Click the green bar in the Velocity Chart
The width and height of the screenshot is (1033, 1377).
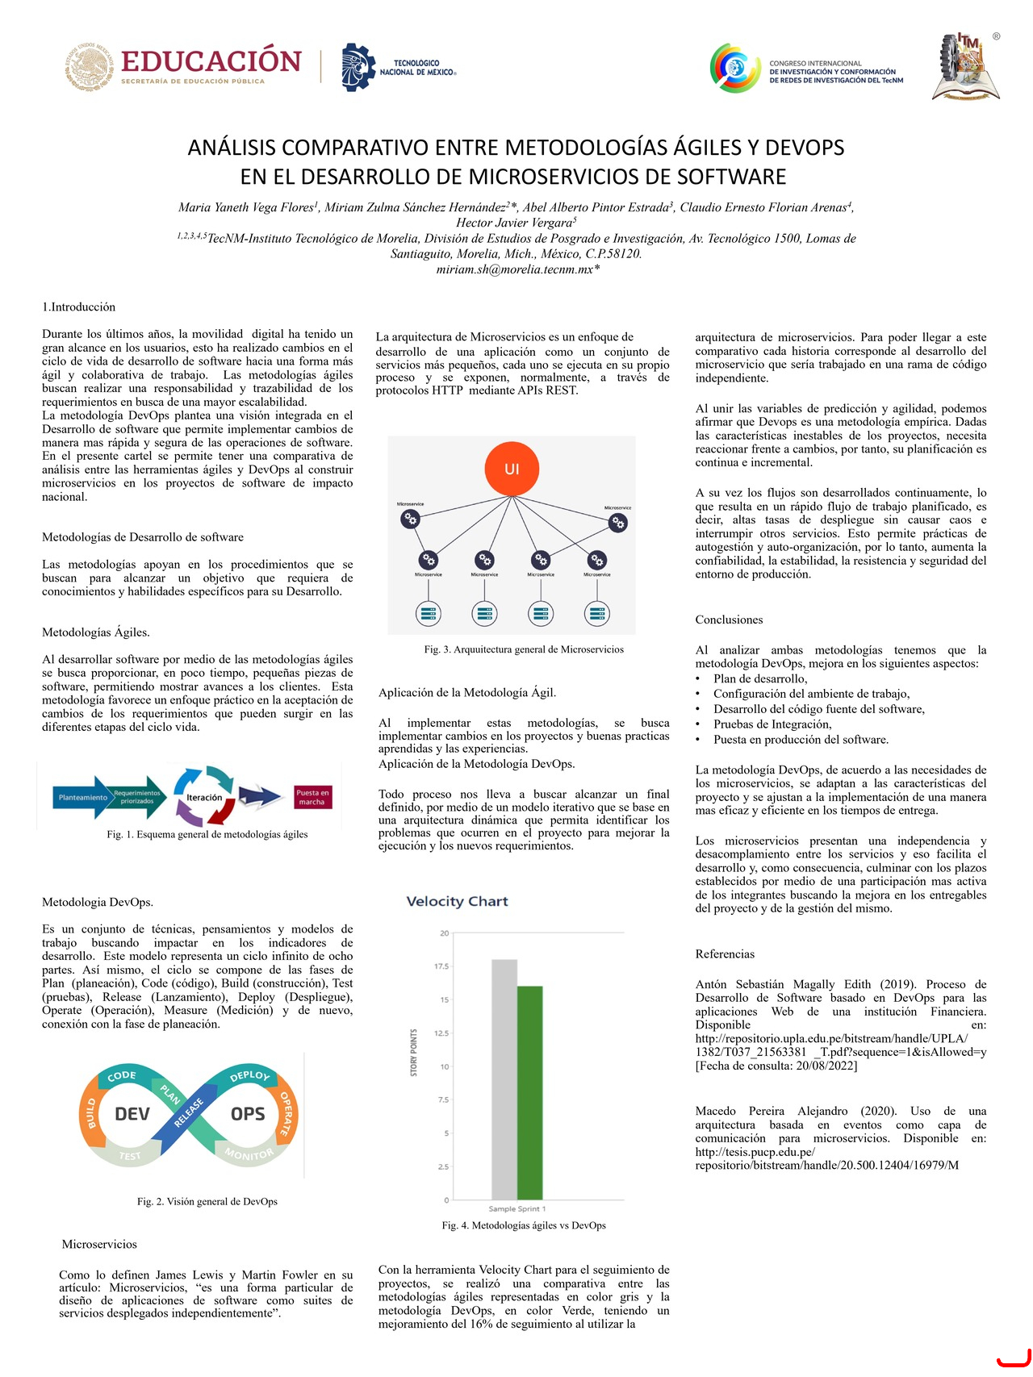tap(530, 1092)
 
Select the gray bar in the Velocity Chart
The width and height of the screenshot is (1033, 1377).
tap(504, 1079)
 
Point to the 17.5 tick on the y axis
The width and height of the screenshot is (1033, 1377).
tap(442, 966)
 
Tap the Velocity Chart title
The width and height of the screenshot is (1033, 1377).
tap(457, 901)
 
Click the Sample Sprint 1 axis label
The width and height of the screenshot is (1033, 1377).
tap(517, 1208)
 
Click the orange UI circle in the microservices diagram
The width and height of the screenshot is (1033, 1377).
tap(512, 469)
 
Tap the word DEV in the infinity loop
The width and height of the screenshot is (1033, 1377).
tap(132, 1114)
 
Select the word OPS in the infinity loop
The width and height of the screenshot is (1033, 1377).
tap(248, 1114)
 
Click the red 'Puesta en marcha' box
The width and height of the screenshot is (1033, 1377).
tap(312, 797)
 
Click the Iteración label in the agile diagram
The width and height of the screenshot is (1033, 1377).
tap(204, 797)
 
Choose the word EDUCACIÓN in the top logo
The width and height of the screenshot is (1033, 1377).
tap(211, 61)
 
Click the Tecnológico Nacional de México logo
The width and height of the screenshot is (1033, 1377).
tap(399, 67)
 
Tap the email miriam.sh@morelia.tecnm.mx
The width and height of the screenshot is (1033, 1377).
tap(517, 269)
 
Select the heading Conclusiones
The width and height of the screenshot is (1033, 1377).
tap(729, 620)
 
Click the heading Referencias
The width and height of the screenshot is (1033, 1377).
tap(725, 953)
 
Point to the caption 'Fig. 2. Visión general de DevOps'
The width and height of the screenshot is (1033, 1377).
tap(207, 1201)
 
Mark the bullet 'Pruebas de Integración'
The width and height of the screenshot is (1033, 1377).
tap(761, 724)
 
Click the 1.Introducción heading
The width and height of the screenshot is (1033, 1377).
tap(78, 307)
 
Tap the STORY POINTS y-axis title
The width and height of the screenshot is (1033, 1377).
tap(414, 1052)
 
